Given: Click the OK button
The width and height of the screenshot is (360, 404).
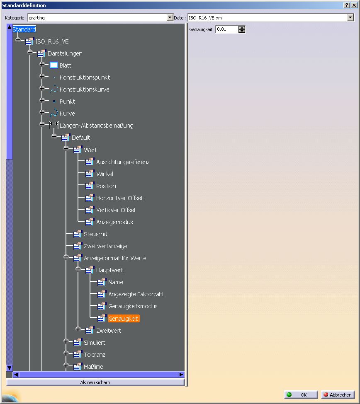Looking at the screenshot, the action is pyautogui.click(x=301, y=395).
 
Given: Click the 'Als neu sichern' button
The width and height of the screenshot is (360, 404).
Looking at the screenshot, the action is pyautogui.click(x=95, y=382).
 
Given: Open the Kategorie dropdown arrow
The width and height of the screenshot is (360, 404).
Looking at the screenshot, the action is pyautogui.click(x=170, y=17).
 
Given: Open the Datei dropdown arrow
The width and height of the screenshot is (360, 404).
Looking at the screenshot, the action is pyautogui.click(x=350, y=17).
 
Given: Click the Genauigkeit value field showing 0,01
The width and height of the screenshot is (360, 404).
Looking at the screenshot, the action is pyautogui.click(x=227, y=29).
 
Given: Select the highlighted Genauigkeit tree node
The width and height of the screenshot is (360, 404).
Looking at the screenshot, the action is pyautogui.click(x=124, y=319).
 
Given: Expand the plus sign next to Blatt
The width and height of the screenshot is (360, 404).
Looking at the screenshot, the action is pyautogui.click(x=42, y=64).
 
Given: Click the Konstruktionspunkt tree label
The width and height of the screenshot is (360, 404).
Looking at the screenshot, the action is pyautogui.click(x=85, y=77).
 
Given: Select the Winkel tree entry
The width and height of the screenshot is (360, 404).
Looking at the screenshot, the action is pyautogui.click(x=105, y=174).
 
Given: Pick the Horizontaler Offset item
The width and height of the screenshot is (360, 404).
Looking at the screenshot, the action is pyautogui.click(x=120, y=198).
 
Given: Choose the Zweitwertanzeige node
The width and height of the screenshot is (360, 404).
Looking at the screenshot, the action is pyautogui.click(x=105, y=246).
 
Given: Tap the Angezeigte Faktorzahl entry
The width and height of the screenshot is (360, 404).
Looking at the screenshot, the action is pyautogui.click(x=136, y=294).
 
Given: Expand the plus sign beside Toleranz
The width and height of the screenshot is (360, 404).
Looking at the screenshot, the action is pyautogui.click(x=66, y=353).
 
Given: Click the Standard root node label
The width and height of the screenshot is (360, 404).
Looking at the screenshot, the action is pyautogui.click(x=24, y=29).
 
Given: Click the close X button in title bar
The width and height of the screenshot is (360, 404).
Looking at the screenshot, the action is pyautogui.click(x=354, y=5).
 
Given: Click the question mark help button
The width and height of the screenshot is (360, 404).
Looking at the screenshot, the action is pyautogui.click(x=347, y=5).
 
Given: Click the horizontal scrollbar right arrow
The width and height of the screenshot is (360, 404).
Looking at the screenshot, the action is pyautogui.click(x=181, y=374).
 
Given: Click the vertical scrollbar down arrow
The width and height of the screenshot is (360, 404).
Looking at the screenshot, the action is pyautogui.click(x=9, y=368).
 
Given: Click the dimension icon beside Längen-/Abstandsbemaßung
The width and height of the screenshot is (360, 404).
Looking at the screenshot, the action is pyautogui.click(x=54, y=125).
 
